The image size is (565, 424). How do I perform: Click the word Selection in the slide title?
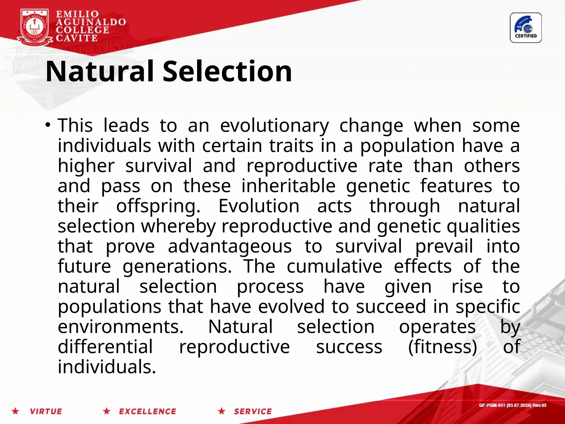click(x=227, y=71)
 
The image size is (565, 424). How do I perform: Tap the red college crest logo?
click(x=34, y=27)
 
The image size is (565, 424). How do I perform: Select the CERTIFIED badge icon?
click(x=526, y=28)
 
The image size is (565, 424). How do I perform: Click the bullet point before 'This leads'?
click(x=48, y=125)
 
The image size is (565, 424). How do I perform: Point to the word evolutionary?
click(x=274, y=126)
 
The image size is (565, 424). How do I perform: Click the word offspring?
click(x=158, y=206)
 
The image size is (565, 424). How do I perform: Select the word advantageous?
click(x=230, y=247)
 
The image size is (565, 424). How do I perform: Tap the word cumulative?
click(x=334, y=266)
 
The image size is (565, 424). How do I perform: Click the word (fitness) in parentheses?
click(x=443, y=347)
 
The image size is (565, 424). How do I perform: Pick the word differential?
click(x=105, y=347)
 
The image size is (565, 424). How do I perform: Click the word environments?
click(x=121, y=327)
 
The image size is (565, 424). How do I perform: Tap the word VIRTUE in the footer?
click(x=46, y=411)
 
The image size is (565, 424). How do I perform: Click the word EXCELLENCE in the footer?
click(x=147, y=411)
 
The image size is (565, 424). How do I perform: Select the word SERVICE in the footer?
click(x=253, y=411)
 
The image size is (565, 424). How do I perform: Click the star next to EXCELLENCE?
click(x=106, y=411)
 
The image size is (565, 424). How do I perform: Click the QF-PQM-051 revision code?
click(x=512, y=405)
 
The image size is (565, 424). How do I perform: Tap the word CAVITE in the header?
click(x=77, y=38)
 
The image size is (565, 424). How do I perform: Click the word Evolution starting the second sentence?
click(x=259, y=206)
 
